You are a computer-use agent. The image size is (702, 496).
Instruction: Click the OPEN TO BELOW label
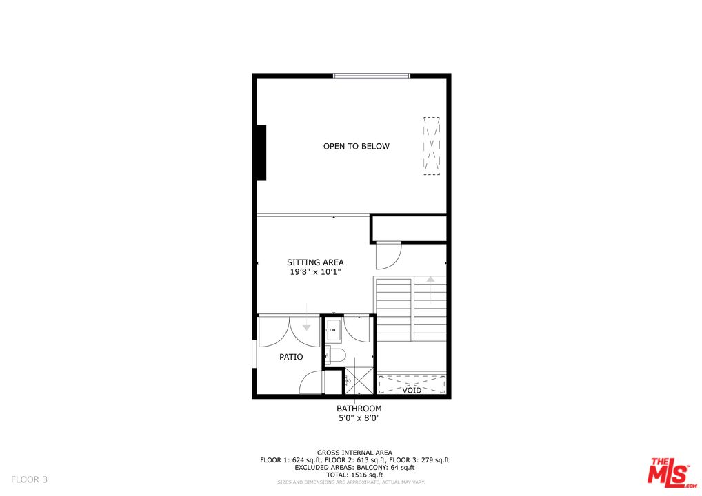click(x=356, y=146)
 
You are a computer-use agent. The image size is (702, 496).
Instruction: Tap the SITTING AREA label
click(x=315, y=262)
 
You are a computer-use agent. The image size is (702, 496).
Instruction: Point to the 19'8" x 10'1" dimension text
click(x=315, y=272)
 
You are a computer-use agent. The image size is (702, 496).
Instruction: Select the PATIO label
click(x=291, y=357)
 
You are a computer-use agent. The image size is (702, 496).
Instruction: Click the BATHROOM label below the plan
click(x=359, y=409)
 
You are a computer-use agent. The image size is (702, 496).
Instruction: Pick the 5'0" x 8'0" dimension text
click(x=359, y=417)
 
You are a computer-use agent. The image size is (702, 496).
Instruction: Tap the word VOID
click(x=412, y=390)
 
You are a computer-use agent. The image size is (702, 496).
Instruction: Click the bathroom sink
click(x=334, y=330)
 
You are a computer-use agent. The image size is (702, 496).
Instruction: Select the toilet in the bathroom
click(x=335, y=355)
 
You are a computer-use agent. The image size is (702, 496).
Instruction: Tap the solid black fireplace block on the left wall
click(x=261, y=153)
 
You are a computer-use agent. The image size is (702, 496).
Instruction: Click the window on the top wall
click(x=372, y=75)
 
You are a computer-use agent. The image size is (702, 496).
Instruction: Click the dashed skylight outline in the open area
click(x=431, y=146)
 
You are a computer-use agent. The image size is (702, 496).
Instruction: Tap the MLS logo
click(x=668, y=471)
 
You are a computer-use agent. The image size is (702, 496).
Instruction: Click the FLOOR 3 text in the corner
click(x=29, y=479)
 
